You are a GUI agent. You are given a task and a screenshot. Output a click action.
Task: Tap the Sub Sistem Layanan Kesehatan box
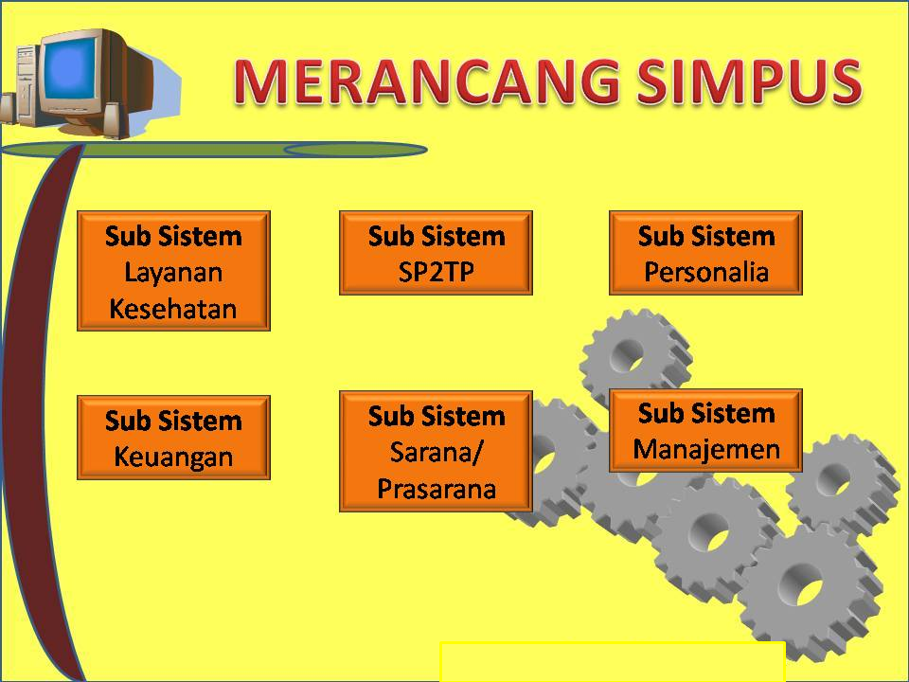pos(173,271)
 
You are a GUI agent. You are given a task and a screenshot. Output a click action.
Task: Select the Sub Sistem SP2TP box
pos(436,253)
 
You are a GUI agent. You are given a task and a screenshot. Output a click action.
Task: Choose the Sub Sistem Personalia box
pos(705,253)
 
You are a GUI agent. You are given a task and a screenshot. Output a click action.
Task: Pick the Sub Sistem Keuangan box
pos(173,438)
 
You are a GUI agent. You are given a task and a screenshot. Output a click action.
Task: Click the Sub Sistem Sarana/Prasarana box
pos(436,451)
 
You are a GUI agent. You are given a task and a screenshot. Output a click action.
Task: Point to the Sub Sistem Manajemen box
pos(705,430)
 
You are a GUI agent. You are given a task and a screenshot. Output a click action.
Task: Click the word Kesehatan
pos(173,309)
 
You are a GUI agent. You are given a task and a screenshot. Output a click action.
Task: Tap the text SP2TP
pos(436,273)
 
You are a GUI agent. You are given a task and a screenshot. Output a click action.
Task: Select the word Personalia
pos(705,273)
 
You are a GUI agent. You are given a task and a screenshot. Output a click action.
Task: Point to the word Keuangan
pos(173,457)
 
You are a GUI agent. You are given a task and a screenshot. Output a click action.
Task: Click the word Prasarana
pos(436,489)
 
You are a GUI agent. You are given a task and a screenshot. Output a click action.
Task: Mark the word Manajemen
pos(705,448)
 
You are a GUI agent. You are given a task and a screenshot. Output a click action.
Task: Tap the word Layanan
pos(173,273)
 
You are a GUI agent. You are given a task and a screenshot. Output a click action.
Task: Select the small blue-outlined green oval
pos(355,150)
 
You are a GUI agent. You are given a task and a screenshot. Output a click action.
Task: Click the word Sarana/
pos(436,452)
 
